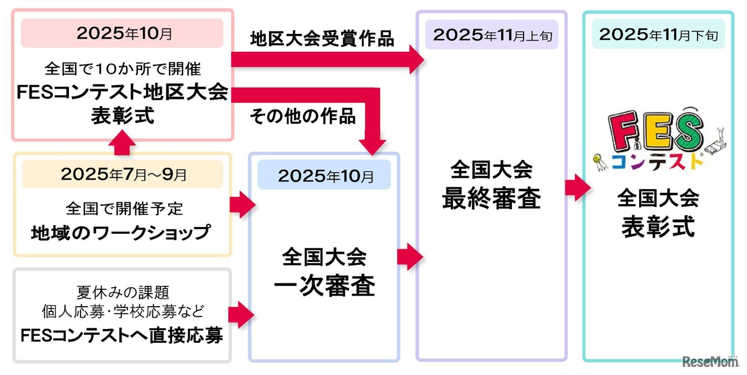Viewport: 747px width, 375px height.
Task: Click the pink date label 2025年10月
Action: pyautogui.click(x=123, y=33)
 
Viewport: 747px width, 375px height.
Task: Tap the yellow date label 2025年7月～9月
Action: pyautogui.click(x=123, y=174)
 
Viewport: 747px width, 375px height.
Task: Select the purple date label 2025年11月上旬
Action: pyautogui.click(x=491, y=35)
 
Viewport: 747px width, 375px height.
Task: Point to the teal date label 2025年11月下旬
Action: pyautogui.click(x=658, y=35)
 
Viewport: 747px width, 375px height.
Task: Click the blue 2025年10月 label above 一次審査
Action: pyautogui.click(x=324, y=176)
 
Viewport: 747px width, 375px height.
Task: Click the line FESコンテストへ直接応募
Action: pyautogui.click(x=121, y=336)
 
